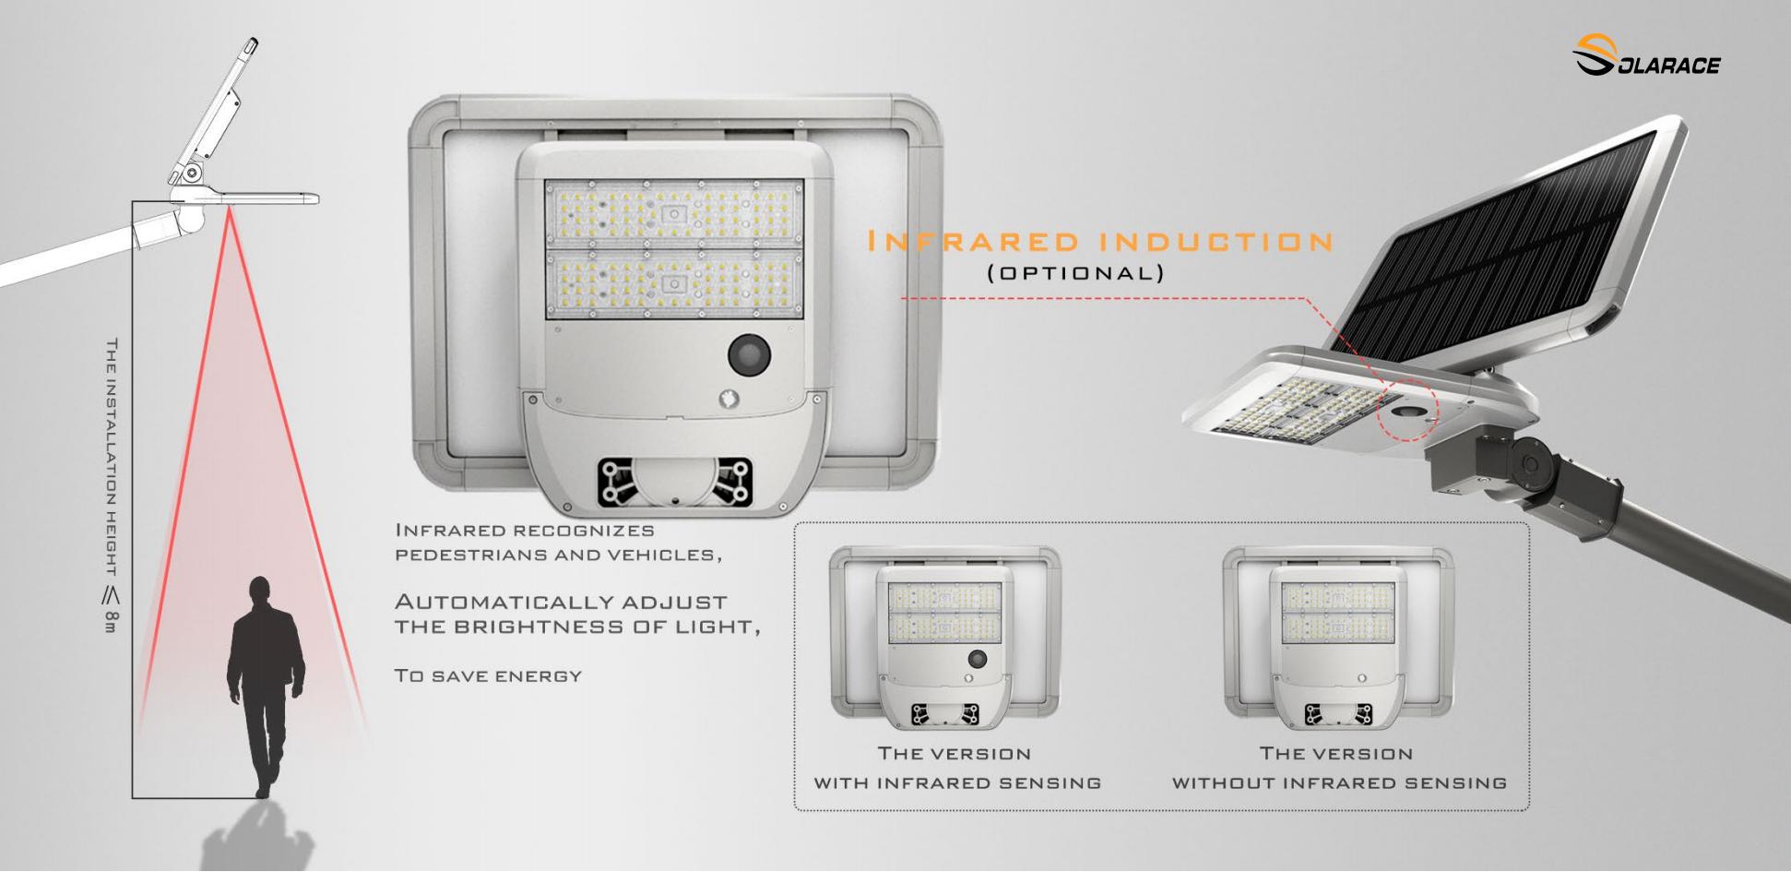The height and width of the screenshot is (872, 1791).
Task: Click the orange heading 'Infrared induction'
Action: click(x=1100, y=243)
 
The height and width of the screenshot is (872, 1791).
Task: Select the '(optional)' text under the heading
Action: click(x=1075, y=273)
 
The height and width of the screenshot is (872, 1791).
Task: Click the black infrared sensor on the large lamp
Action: click(x=750, y=354)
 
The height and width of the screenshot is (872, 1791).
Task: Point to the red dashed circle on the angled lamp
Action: click(x=1407, y=409)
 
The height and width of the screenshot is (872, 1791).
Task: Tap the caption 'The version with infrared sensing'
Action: click(x=956, y=768)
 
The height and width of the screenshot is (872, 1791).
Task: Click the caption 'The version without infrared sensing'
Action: click(x=1338, y=768)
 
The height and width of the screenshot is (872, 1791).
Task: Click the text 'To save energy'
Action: click(x=488, y=675)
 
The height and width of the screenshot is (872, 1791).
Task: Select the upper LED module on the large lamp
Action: click(x=674, y=213)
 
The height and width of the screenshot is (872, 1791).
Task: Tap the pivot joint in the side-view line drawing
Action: click(x=191, y=173)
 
